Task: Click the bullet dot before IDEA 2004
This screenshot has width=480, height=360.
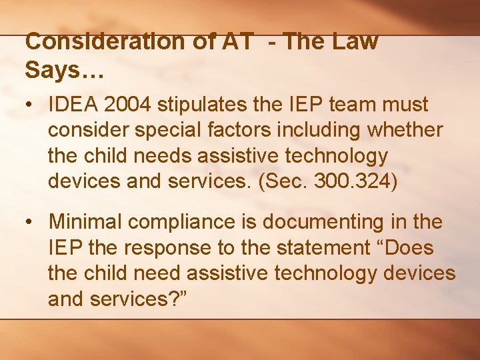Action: (31, 105)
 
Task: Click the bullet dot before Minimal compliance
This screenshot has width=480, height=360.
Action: (31, 221)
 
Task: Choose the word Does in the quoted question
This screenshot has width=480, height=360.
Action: (408, 248)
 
